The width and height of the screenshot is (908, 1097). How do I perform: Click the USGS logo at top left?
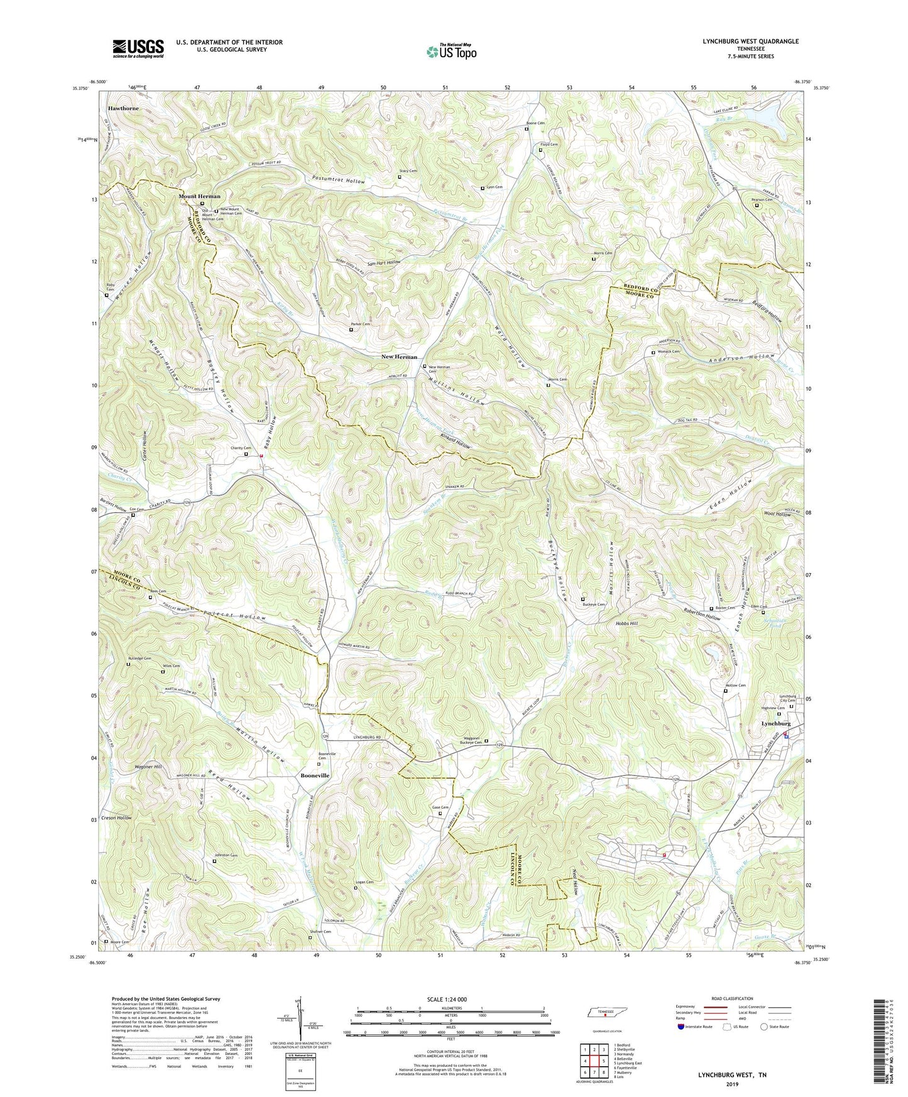click(138, 48)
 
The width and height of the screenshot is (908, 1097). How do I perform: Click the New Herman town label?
click(399, 357)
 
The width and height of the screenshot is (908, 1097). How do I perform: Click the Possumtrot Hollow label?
click(338, 181)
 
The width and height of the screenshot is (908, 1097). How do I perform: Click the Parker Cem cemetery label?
click(360, 324)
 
